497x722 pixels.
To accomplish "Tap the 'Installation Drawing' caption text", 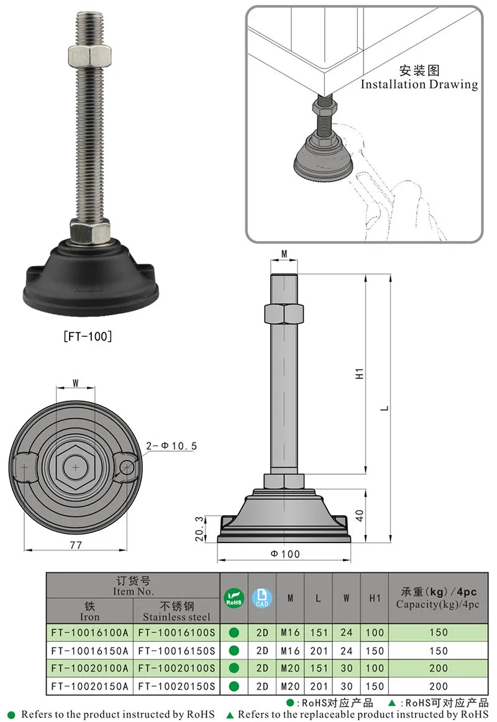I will (x=419, y=85).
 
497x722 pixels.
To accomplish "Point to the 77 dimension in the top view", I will (x=75, y=544).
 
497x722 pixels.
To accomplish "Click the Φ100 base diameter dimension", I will (x=285, y=554).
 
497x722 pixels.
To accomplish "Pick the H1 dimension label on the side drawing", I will (x=359, y=374).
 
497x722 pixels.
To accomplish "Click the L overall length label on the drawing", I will (x=385, y=408).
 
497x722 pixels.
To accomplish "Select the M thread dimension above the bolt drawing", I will (x=285, y=254).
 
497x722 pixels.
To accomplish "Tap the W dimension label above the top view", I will (x=75, y=383).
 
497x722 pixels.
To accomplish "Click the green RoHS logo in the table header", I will (x=234, y=598).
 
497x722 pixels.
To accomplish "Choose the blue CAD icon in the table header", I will (x=262, y=598).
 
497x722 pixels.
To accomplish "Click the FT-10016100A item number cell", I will (x=89, y=633).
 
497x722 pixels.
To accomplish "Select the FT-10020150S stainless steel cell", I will (x=176, y=686).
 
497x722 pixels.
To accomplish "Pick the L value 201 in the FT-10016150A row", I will (x=318, y=651).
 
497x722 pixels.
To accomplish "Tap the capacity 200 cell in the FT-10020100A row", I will (x=437, y=668).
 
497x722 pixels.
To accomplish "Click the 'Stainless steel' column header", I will (x=176, y=611).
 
